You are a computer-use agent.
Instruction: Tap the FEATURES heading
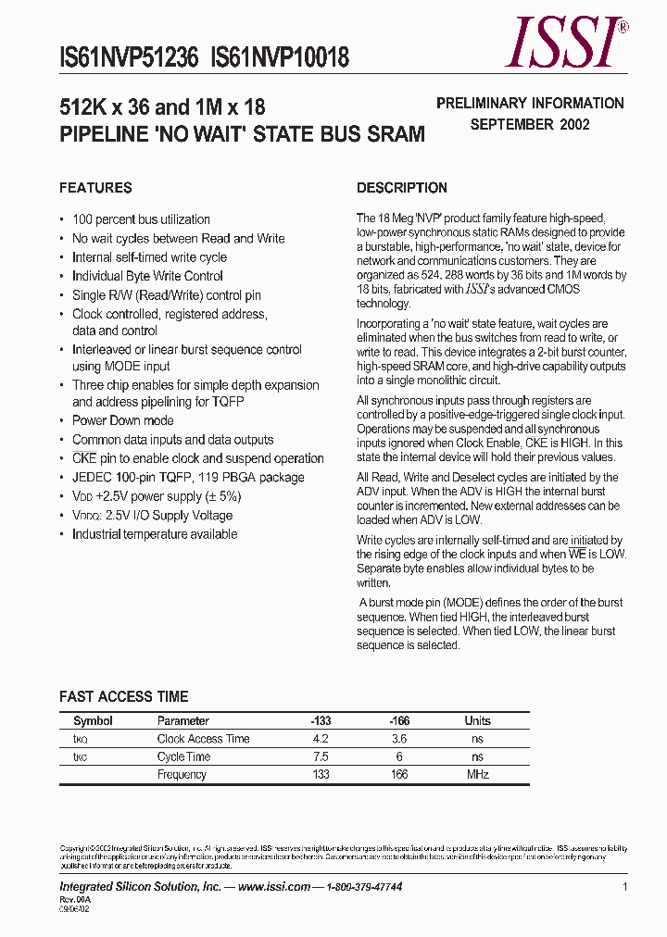tap(95, 188)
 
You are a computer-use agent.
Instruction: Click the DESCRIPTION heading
tap(402, 188)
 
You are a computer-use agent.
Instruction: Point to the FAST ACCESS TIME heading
tap(123, 696)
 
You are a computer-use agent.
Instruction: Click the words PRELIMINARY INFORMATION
tap(530, 104)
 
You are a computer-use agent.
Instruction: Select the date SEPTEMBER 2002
tap(530, 124)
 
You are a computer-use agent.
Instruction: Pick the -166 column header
tap(399, 720)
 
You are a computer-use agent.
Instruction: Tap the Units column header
tap(478, 720)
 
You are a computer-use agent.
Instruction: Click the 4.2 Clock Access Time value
tap(321, 739)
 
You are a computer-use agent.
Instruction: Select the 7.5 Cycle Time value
tap(321, 756)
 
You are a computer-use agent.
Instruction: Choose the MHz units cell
tap(477, 774)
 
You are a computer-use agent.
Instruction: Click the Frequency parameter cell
tap(182, 774)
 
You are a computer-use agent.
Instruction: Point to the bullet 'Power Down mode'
tap(122, 420)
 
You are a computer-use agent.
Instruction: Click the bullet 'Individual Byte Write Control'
tap(147, 276)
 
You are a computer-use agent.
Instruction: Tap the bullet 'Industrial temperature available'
tap(155, 534)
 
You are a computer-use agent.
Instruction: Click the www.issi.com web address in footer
tap(273, 887)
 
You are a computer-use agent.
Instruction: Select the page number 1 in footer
tap(625, 887)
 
